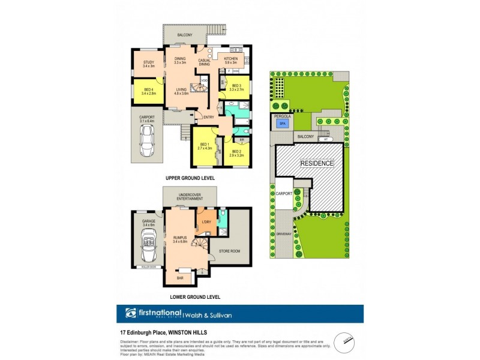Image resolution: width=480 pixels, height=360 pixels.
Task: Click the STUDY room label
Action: click(x=148, y=62)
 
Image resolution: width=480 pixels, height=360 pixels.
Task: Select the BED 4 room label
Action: click(x=148, y=90)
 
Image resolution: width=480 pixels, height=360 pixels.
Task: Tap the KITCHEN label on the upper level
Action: click(x=231, y=59)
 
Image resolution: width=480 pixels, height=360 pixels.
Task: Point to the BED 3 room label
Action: click(x=238, y=86)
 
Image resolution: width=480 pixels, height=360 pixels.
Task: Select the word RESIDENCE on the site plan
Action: click(x=317, y=163)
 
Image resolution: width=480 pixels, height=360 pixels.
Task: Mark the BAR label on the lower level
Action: click(x=180, y=278)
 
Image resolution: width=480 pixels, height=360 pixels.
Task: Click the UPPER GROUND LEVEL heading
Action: click(x=191, y=179)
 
